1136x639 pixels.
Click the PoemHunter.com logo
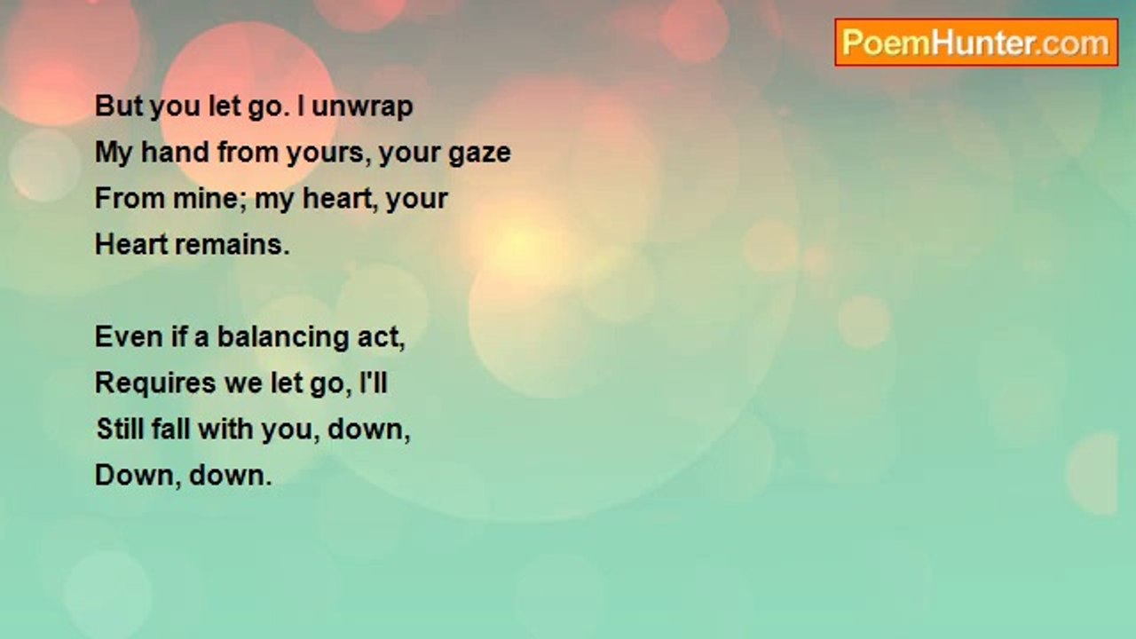click(976, 43)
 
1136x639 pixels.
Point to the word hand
click(175, 152)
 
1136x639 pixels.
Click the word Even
click(129, 336)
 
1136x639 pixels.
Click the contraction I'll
click(374, 383)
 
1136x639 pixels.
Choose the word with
click(225, 429)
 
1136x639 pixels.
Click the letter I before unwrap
click(301, 106)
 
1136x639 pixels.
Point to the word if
click(178, 336)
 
